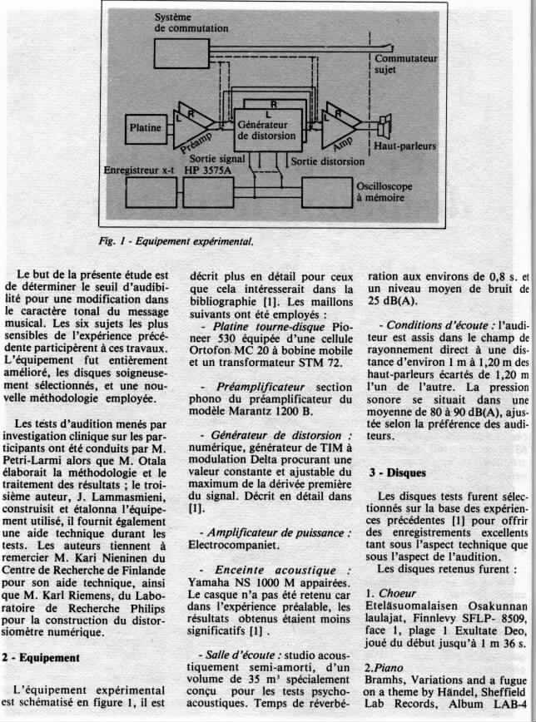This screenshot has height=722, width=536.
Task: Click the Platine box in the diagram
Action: pos(148,128)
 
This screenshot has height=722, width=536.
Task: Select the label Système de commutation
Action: pos(191,22)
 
